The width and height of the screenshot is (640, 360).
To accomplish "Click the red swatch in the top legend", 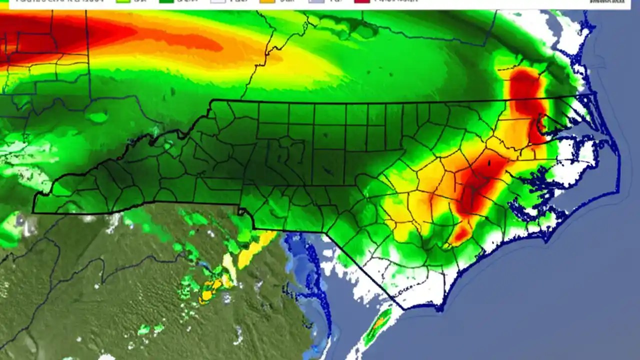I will [361, 1].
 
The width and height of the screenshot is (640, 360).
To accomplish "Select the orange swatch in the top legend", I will [267, 1].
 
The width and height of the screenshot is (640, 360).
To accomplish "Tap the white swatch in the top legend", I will [218, 1].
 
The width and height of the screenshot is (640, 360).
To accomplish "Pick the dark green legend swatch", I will [168, 1].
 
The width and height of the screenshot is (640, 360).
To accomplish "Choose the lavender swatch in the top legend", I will [316, 1].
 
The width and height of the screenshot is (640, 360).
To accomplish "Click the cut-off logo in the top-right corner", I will [607, 2].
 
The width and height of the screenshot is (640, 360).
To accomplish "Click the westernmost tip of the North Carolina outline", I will [33, 212].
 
